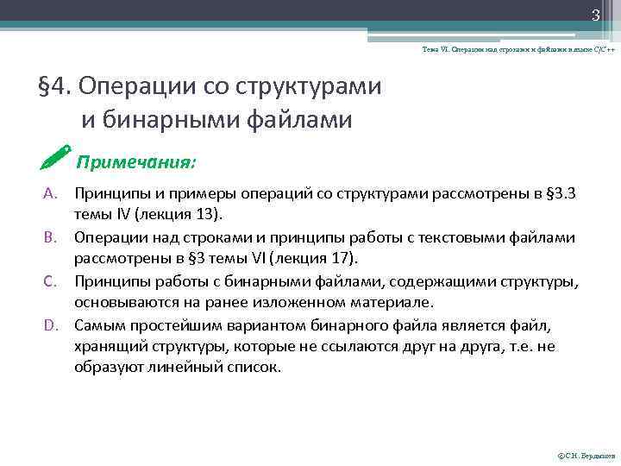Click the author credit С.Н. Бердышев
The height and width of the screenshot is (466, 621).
587,456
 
